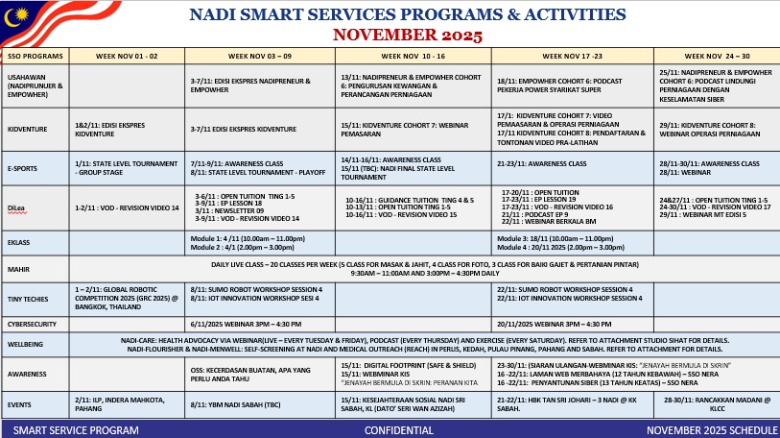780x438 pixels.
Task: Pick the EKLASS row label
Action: (x=19, y=243)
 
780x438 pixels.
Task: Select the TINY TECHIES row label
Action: (x=28, y=297)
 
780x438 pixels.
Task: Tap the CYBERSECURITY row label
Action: (x=31, y=325)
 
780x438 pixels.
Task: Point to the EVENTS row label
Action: (x=19, y=405)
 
